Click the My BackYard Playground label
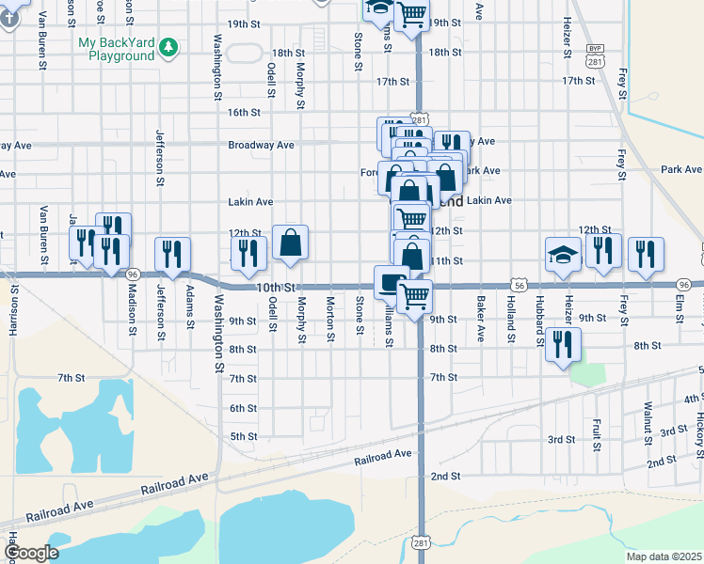[116, 49]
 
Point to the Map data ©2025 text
[664, 556]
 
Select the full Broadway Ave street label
[262, 146]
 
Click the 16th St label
[244, 113]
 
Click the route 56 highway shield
[519, 283]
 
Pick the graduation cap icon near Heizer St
[563, 255]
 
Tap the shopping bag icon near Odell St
[290, 242]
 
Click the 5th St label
[244, 437]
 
